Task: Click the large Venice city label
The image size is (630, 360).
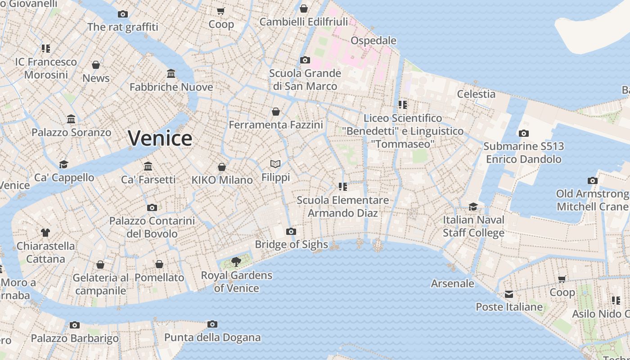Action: click(x=160, y=138)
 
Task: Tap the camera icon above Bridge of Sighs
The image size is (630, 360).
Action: click(x=291, y=231)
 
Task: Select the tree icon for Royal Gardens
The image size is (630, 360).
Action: click(x=236, y=261)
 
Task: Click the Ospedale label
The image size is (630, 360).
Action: click(x=373, y=40)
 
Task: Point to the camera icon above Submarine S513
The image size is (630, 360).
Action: click(x=523, y=133)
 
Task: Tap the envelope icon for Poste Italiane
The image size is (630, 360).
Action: click(x=509, y=294)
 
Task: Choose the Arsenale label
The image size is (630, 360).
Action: click(x=453, y=283)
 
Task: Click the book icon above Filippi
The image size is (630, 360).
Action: click(x=275, y=164)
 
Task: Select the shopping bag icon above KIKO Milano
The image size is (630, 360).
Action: click(x=222, y=167)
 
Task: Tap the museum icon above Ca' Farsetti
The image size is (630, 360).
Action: click(x=148, y=166)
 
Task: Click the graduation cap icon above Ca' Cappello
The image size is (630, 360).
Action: click(x=63, y=164)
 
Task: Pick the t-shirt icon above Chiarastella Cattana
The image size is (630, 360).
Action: click(x=45, y=233)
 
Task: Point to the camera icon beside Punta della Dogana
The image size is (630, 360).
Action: click(x=212, y=324)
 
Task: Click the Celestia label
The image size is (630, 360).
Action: click(x=476, y=94)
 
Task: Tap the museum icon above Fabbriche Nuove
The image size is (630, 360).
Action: click(x=171, y=73)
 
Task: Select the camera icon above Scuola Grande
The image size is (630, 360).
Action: click(x=305, y=60)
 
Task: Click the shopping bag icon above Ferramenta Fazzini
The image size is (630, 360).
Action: click(x=276, y=111)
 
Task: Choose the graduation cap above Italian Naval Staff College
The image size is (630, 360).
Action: click(x=473, y=207)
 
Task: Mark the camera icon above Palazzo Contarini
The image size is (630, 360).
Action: click(x=152, y=207)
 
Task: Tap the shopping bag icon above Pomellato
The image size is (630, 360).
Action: click(x=159, y=264)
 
